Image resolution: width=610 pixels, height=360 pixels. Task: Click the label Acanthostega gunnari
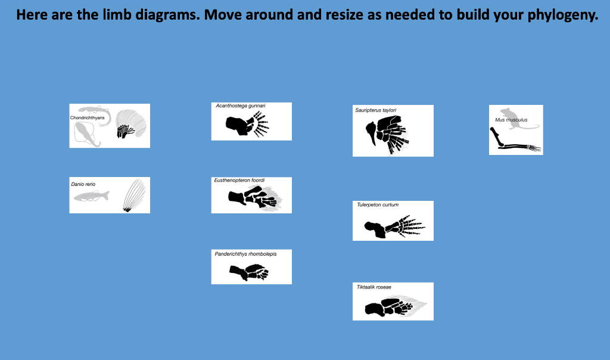click(x=240, y=106)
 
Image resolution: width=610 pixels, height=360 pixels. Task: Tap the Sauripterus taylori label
click(x=375, y=110)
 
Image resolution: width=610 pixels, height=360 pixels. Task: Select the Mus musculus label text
click(x=511, y=120)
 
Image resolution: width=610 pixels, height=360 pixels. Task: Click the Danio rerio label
click(x=83, y=184)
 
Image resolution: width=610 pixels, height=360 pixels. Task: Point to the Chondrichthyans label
click(x=87, y=118)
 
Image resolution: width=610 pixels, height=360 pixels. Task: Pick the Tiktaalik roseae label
click(x=374, y=287)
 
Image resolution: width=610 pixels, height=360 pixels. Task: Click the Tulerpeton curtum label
click(x=377, y=205)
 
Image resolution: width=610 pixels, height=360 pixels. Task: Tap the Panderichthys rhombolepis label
click(x=245, y=254)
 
